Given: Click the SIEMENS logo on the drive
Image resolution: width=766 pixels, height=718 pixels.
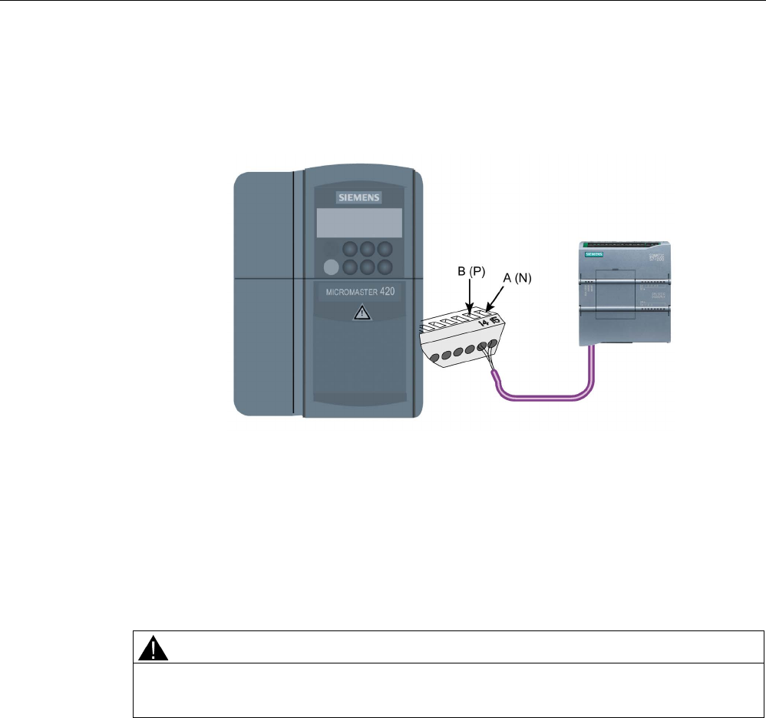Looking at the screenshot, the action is (359, 197).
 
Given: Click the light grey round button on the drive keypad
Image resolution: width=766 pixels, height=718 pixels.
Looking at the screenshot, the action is (331, 267).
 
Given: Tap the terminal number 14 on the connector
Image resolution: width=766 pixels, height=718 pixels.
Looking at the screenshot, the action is (483, 321).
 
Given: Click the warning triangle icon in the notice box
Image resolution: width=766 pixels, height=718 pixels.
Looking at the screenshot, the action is (153, 650).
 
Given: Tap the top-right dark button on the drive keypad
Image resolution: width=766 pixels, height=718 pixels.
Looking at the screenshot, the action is (385, 250).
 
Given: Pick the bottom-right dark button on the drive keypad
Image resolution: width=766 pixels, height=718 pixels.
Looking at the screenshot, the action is (385, 267).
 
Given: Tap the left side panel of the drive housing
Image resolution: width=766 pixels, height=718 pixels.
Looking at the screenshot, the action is (262, 292).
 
